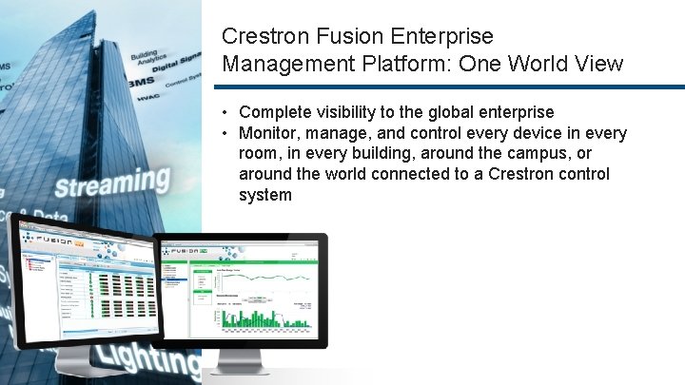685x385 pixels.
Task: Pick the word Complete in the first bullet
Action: tap(277, 112)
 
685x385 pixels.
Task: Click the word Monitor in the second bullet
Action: tap(269, 133)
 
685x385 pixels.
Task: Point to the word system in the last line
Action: tap(265, 195)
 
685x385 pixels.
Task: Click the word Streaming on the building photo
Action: tap(111, 183)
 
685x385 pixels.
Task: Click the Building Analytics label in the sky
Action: tap(145, 60)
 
